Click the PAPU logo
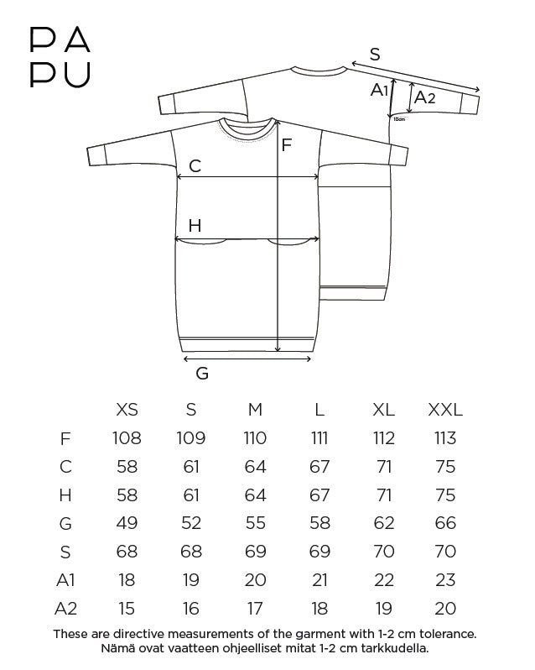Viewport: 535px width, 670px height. [x=60, y=58]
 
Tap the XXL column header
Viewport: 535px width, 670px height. [x=445, y=410]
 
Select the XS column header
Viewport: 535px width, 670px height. [x=127, y=410]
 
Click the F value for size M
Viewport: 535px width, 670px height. [x=255, y=438]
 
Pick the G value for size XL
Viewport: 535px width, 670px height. [x=383, y=523]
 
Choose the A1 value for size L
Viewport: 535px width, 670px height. [x=319, y=580]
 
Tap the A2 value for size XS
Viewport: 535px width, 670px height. [x=127, y=609]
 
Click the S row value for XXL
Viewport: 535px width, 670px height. [x=445, y=552]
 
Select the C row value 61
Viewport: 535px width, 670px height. [x=191, y=466]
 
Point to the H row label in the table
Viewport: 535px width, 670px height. [x=65, y=495]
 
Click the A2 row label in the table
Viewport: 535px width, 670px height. [x=65, y=609]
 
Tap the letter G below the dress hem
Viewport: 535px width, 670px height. [x=202, y=374]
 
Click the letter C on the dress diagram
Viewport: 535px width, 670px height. [x=195, y=165]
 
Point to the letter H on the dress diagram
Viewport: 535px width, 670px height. [x=195, y=225]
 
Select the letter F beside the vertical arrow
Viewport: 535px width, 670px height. [x=286, y=145]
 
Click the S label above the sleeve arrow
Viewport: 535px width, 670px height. [x=375, y=55]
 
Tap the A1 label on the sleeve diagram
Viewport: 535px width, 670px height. [x=379, y=90]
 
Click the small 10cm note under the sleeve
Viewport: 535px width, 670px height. [x=399, y=119]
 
